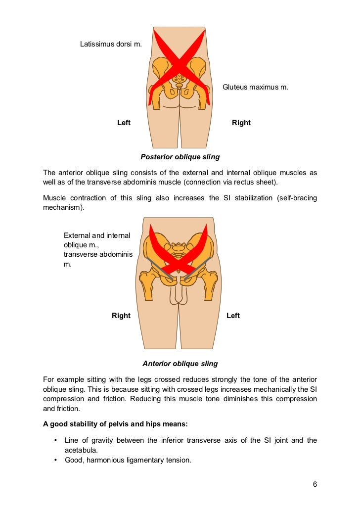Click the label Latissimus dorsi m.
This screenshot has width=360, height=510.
click(x=111, y=44)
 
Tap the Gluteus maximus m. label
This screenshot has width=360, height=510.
click(x=255, y=87)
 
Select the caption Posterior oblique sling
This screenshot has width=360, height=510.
click(x=180, y=157)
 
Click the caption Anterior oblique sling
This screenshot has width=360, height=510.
click(x=180, y=364)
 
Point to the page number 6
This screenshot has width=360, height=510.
click(x=315, y=484)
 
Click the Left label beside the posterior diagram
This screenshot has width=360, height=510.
click(x=124, y=123)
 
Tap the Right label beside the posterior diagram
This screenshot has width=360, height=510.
click(x=241, y=123)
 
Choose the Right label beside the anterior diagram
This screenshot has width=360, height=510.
click(x=121, y=316)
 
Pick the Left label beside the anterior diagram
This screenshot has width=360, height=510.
click(x=233, y=316)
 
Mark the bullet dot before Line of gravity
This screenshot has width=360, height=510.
click(x=55, y=440)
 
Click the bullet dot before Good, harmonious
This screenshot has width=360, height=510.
click(x=55, y=460)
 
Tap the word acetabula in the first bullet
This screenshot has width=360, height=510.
click(x=82, y=450)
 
